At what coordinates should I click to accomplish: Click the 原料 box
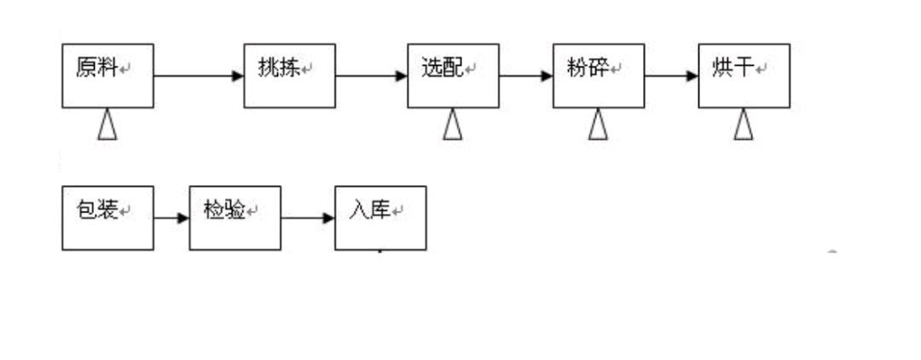(107, 76)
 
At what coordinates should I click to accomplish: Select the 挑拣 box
(289, 76)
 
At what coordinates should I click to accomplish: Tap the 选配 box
(453, 76)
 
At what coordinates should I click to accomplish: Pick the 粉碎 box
(598, 76)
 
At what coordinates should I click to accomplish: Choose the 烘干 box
(744, 76)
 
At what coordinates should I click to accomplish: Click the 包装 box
(107, 218)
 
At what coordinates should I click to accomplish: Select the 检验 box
(235, 218)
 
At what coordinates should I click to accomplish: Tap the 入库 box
(379, 218)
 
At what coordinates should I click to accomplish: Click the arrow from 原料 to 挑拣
(199, 76)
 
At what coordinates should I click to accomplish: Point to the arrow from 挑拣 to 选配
(371, 76)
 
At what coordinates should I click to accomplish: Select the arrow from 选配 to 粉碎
(525, 76)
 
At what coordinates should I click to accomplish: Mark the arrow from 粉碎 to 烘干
(671, 76)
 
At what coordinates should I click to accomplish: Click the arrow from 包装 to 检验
(171, 218)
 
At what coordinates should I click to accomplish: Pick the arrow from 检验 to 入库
(308, 218)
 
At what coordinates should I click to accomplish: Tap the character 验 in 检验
(236, 210)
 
